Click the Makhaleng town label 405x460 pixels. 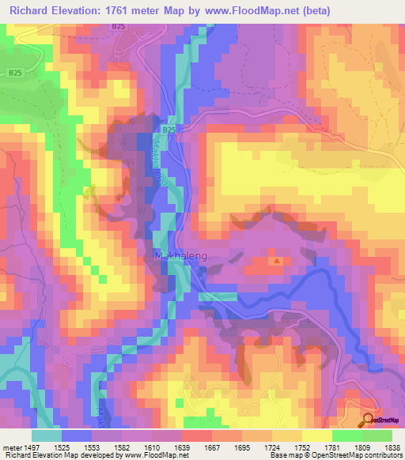coord(174,256)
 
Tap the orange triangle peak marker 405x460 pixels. coord(276,259)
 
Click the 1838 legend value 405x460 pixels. coord(392,447)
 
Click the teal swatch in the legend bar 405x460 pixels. coord(47,435)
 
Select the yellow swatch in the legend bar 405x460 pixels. coord(316,435)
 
